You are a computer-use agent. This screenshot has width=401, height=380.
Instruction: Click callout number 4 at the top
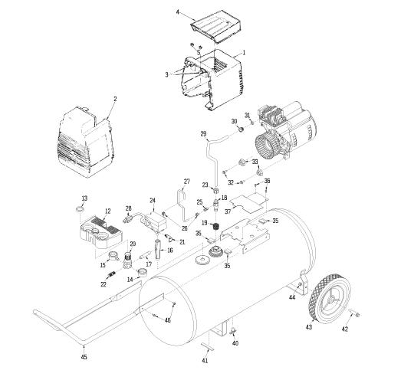click(178, 12)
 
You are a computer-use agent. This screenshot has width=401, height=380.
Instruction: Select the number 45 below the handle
click(84, 357)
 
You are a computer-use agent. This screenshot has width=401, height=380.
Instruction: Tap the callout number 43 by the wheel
click(309, 327)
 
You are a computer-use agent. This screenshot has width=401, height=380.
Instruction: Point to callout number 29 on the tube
click(204, 134)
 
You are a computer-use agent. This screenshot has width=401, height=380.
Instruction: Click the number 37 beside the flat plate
click(228, 211)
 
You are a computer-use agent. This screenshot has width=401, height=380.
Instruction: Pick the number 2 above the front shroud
click(115, 99)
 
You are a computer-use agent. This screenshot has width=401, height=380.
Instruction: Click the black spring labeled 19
click(217, 226)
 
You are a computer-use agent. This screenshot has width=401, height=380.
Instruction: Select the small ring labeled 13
click(81, 209)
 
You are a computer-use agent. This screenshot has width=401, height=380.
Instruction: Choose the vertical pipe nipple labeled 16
click(157, 249)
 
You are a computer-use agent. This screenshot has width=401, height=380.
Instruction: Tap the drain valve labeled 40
click(233, 330)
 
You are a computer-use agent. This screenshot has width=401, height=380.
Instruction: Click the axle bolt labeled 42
click(354, 313)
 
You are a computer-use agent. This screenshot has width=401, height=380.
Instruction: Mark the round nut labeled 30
click(241, 129)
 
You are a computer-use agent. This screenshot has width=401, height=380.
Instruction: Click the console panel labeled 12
click(101, 232)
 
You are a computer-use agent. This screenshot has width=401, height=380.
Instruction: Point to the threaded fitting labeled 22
click(110, 275)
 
